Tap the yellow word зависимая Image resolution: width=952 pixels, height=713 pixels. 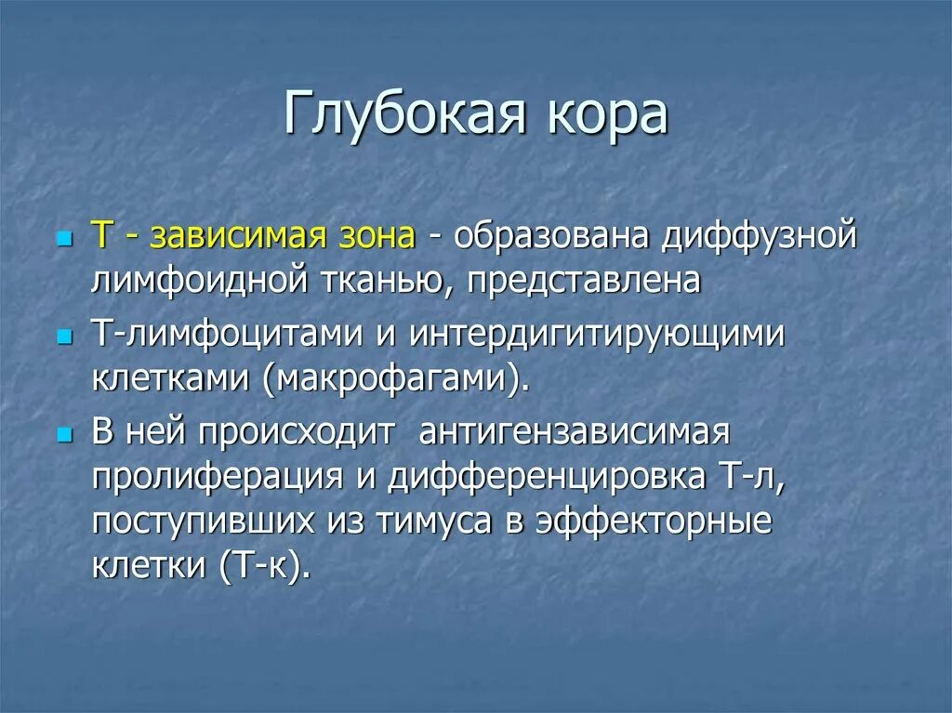pyautogui.click(x=236, y=237)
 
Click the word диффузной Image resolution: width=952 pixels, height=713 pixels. pyautogui.click(x=758, y=237)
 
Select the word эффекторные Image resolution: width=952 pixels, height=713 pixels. pyautogui.click(x=666, y=521)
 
